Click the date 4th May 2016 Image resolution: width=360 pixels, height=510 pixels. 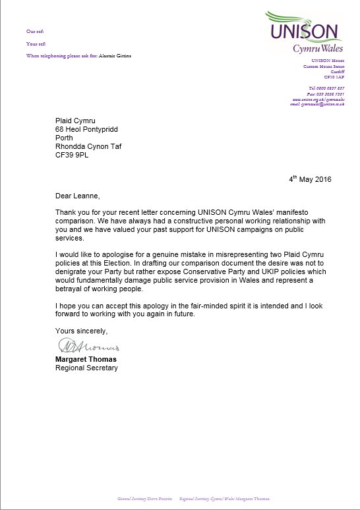point(310,179)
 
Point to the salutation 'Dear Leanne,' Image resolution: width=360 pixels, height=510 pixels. point(76,196)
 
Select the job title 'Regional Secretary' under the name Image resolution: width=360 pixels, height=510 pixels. point(86,368)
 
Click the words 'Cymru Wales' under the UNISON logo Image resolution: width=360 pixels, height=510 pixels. point(316,48)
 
